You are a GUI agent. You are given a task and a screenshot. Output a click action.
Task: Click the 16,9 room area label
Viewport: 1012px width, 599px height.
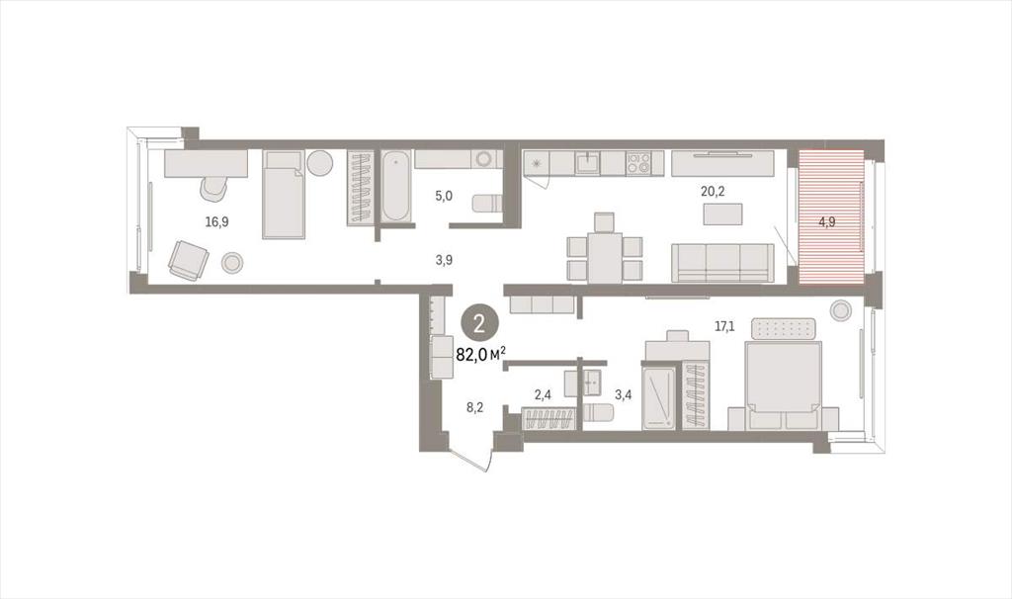point(216,222)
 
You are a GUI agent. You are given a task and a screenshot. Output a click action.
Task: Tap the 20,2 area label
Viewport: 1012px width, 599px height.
point(713,190)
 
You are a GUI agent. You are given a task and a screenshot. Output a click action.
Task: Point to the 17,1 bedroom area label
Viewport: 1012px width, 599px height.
point(724,326)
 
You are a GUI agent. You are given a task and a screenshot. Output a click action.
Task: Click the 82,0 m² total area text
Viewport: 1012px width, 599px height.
point(481,355)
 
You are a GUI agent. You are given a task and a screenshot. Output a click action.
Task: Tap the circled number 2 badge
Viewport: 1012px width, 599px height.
point(479,324)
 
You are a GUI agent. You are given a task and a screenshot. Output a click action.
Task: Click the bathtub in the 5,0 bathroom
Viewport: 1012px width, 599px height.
point(395,187)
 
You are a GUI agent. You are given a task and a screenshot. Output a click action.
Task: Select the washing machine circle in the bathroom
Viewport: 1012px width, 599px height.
point(482,159)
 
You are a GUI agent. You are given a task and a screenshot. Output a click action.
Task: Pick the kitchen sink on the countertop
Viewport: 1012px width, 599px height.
point(587,163)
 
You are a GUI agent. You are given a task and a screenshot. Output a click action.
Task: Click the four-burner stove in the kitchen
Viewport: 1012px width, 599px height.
point(637,163)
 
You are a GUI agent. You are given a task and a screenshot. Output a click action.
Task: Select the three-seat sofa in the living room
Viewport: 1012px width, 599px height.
point(722,263)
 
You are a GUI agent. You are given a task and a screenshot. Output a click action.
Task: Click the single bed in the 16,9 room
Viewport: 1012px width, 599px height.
point(284,195)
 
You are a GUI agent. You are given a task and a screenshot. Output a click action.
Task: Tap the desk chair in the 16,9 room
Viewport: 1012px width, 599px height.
point(214,189)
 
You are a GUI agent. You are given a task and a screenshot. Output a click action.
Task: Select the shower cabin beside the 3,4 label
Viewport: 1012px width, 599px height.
point(659,396)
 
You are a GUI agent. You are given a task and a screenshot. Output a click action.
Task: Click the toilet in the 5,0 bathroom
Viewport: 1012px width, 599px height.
point(487,204)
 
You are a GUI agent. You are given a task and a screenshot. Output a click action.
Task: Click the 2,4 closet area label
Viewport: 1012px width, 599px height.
point(543,395)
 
